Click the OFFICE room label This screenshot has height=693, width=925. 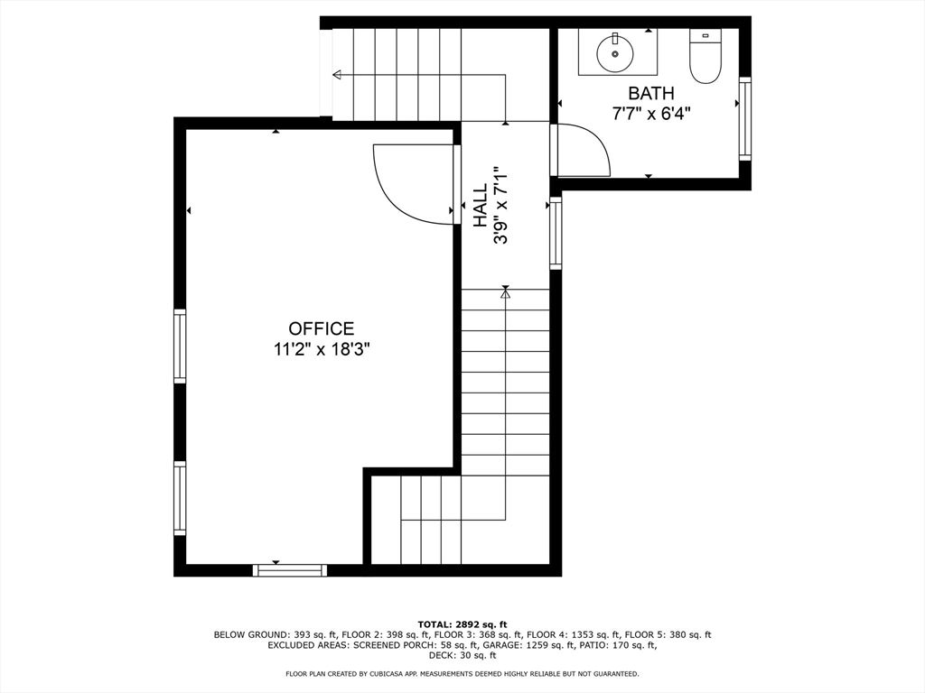click(322, 329)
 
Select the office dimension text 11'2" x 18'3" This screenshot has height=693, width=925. click(322, 350)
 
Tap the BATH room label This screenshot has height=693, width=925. click(651, 93)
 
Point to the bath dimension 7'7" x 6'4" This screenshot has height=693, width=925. click(651, 113)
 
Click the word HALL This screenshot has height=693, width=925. click(480, 205)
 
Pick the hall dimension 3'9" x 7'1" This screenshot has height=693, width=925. click(500, 205)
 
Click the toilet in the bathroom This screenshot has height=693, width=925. click(705, 57)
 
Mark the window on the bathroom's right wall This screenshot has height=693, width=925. click(745, 118)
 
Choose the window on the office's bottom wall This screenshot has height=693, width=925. click(290, 569)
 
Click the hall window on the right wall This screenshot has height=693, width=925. click(556, 234)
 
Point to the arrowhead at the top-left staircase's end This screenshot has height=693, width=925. click(337, 75)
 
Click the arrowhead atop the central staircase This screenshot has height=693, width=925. click(506, 293)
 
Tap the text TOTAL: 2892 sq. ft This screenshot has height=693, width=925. click(462, 624)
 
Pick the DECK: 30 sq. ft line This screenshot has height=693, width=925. click(462, 655)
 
